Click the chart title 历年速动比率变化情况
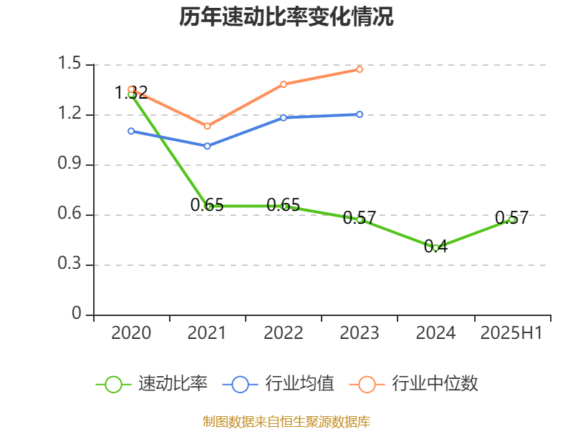[286, 17]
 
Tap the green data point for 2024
[435, 248]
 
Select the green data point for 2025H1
[511, 220]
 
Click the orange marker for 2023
[360, 69]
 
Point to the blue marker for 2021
[207, 146]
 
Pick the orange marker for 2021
[207, 127]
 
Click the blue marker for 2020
[131, 131]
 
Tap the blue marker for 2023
[360, 114]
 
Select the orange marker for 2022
[284, 84]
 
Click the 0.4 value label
[435, 247]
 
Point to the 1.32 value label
[131, 92]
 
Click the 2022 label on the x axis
[284, 333]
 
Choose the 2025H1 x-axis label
[511, 333]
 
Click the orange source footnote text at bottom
[286, 422]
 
